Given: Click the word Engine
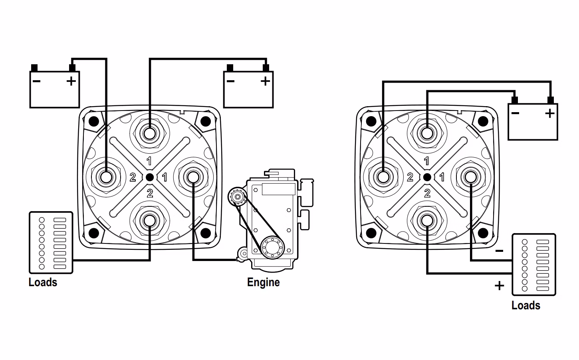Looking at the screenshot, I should coord(263,282).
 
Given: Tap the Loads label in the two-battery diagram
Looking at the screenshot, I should coord(43,282).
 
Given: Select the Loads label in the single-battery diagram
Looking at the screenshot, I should coord(525,305).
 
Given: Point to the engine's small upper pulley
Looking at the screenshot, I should coord(238,196).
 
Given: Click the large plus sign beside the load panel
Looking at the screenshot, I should coord(499,286).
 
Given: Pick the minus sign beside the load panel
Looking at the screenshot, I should coord(499,251).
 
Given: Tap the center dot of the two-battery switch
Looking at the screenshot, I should coord(149,177).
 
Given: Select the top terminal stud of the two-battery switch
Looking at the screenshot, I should coord(149,133).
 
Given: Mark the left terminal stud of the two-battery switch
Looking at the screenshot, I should coord(106,177).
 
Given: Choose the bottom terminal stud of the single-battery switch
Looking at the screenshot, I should coord(427,220).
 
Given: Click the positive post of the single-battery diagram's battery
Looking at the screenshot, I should coord(551,100).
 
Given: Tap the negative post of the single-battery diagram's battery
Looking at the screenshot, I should coord(514,100).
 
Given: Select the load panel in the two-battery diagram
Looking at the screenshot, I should coord(51,243).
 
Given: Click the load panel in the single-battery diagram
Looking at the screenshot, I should coord(533,265).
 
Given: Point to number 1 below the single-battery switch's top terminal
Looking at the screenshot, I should coord(427,161).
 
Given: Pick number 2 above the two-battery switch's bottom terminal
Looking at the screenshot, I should coord(149,194).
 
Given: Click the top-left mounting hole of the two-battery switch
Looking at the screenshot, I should coord(94,121).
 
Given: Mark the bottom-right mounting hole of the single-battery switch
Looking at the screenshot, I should coord(482,233).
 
